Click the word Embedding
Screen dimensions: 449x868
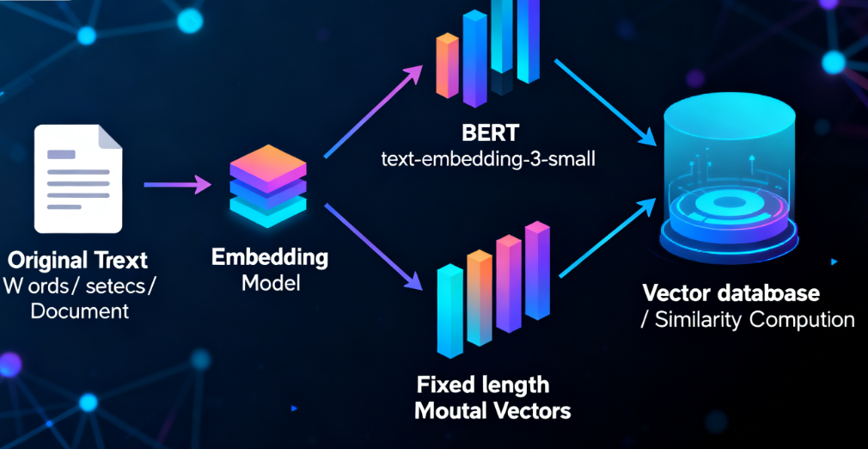269,257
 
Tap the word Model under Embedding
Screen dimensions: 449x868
270,282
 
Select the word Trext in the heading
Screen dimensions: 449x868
116,260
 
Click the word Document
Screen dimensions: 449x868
80,311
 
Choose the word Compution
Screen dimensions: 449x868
802,320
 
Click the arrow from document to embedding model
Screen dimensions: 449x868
177,184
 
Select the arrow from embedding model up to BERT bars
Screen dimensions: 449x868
375,113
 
